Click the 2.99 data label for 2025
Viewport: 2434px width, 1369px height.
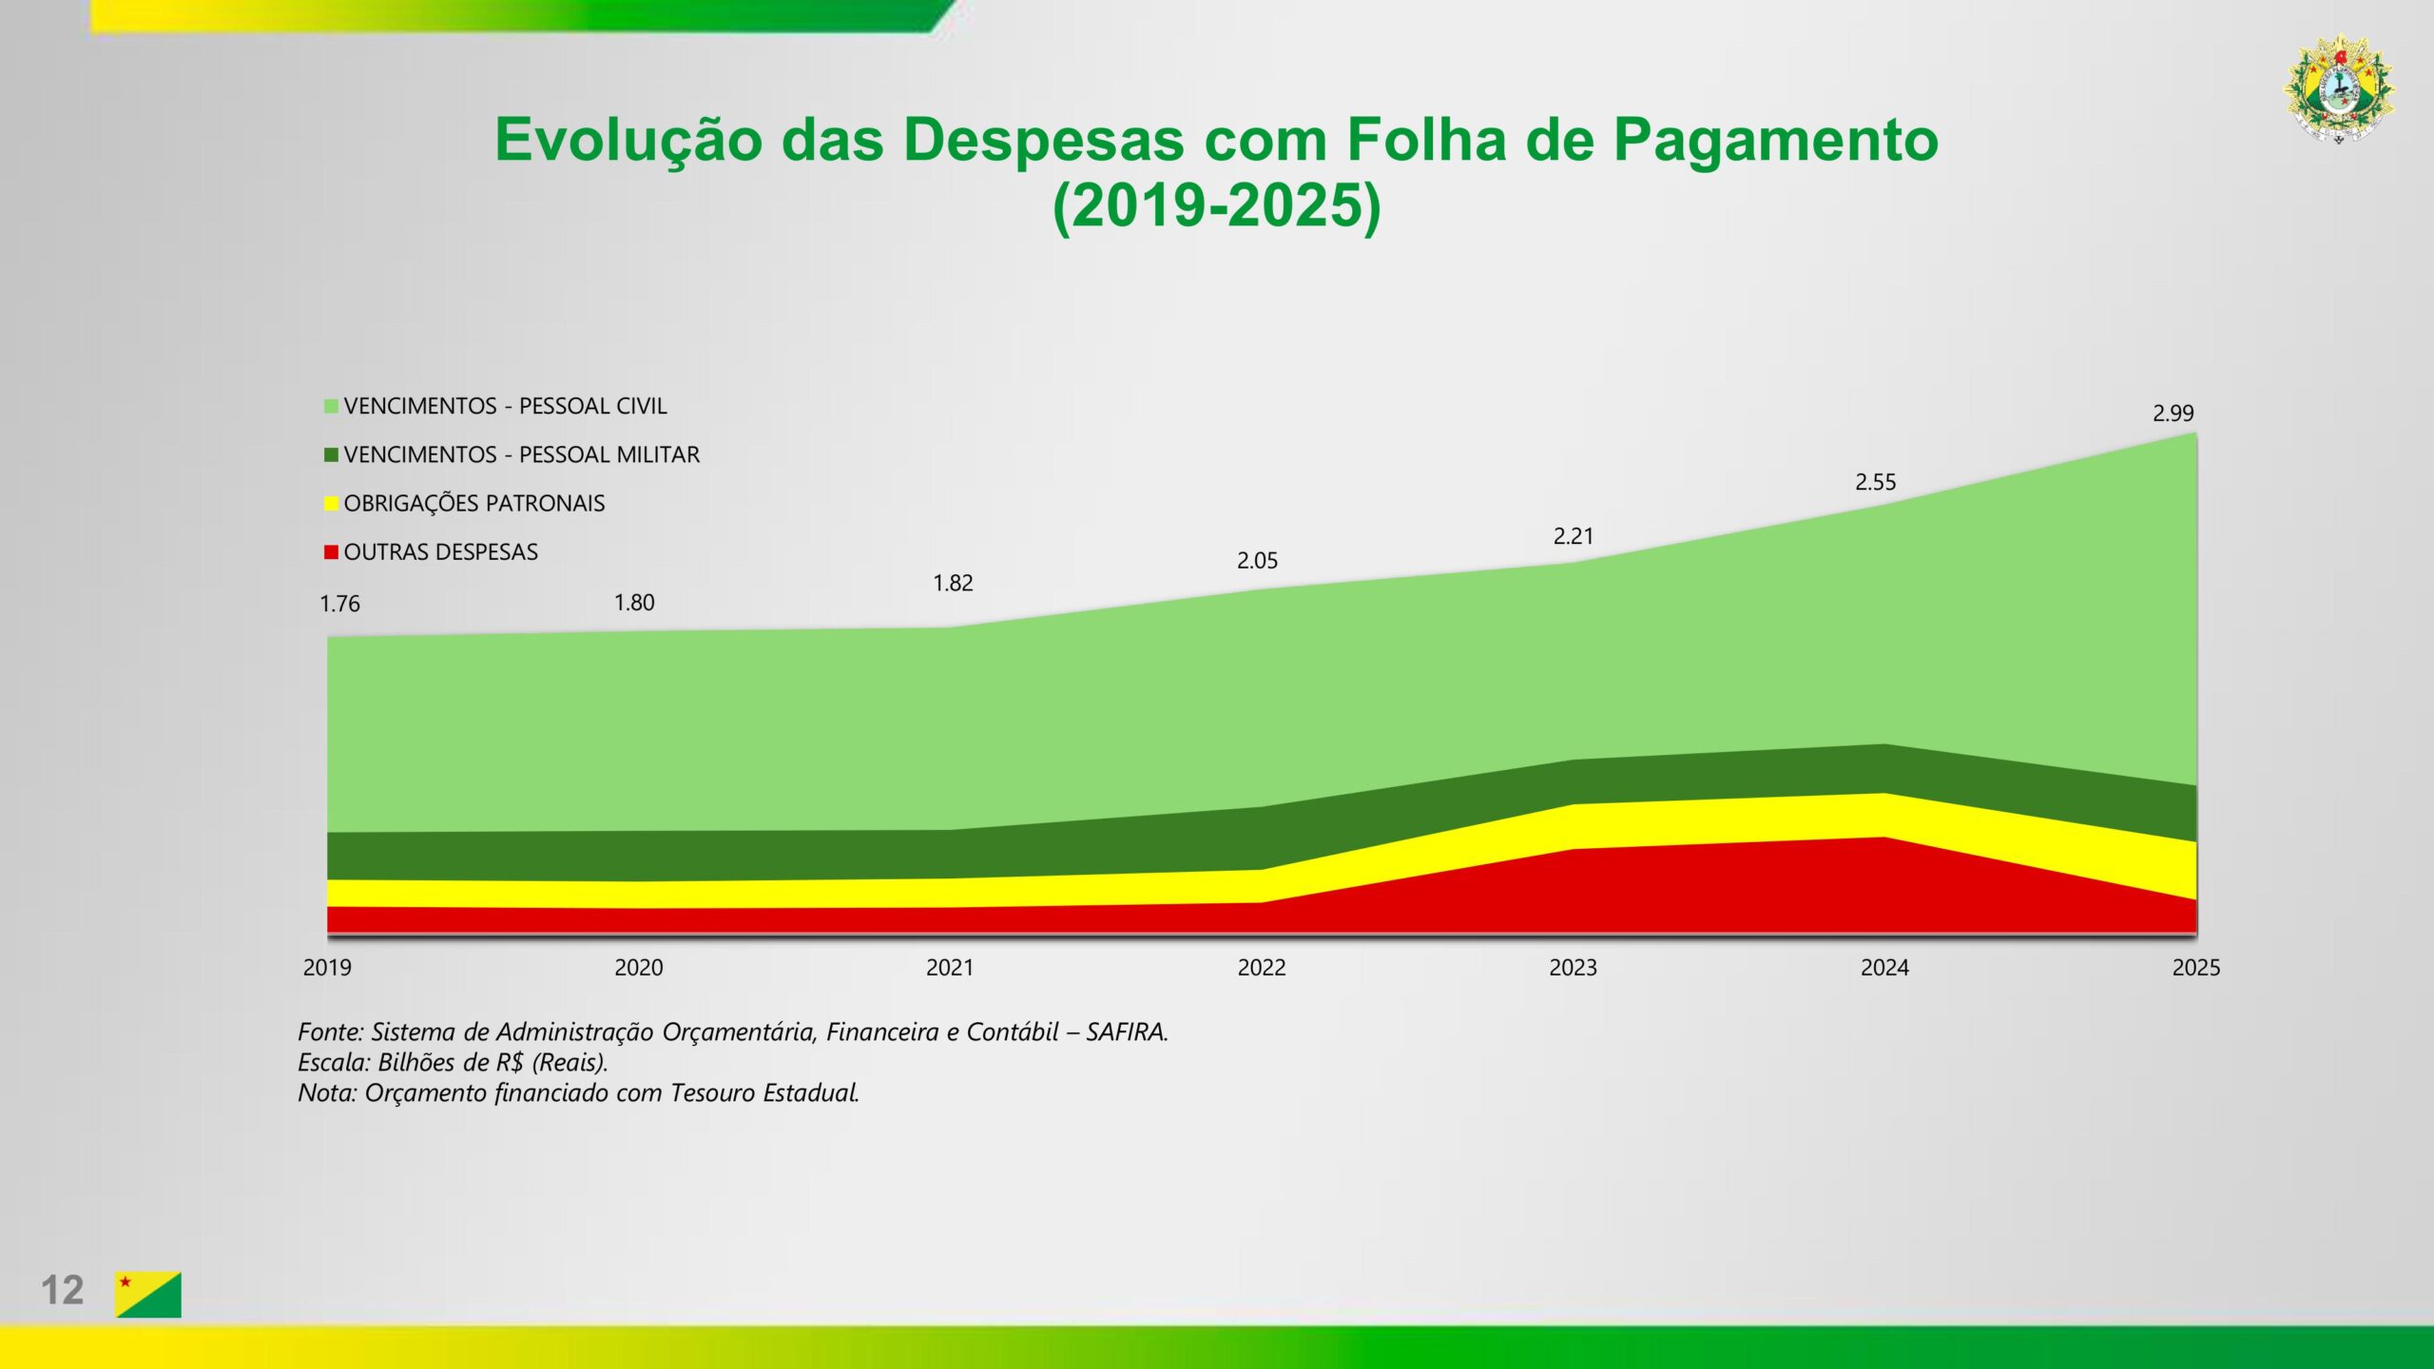pos(2173,414)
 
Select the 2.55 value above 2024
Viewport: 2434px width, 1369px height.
pos(1875,483)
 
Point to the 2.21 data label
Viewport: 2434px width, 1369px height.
pos(1573,537)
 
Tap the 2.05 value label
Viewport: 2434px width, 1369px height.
pos(1257,561)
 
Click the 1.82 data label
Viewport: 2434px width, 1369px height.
pos(953,584)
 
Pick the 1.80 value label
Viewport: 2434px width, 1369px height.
pos(634,603)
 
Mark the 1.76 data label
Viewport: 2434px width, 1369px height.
pos(339,605)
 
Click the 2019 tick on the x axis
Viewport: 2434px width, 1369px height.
pos(327,968)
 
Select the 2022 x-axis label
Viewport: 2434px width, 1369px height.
pos(1262,968)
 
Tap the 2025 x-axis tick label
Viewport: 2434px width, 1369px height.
pos(2196,968)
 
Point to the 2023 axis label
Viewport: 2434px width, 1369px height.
pos(1574,968)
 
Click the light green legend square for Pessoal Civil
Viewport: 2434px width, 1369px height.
pos(331,407)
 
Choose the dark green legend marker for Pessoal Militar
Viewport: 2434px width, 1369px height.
pos(331,455)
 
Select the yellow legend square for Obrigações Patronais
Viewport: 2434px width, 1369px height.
pos(331,504)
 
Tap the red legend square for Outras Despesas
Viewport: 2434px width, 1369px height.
pos(331,552)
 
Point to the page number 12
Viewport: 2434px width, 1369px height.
pos(62,1291)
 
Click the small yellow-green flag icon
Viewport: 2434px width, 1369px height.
pos(148,1294)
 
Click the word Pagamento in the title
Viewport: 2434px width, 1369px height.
pos(1775,141)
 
